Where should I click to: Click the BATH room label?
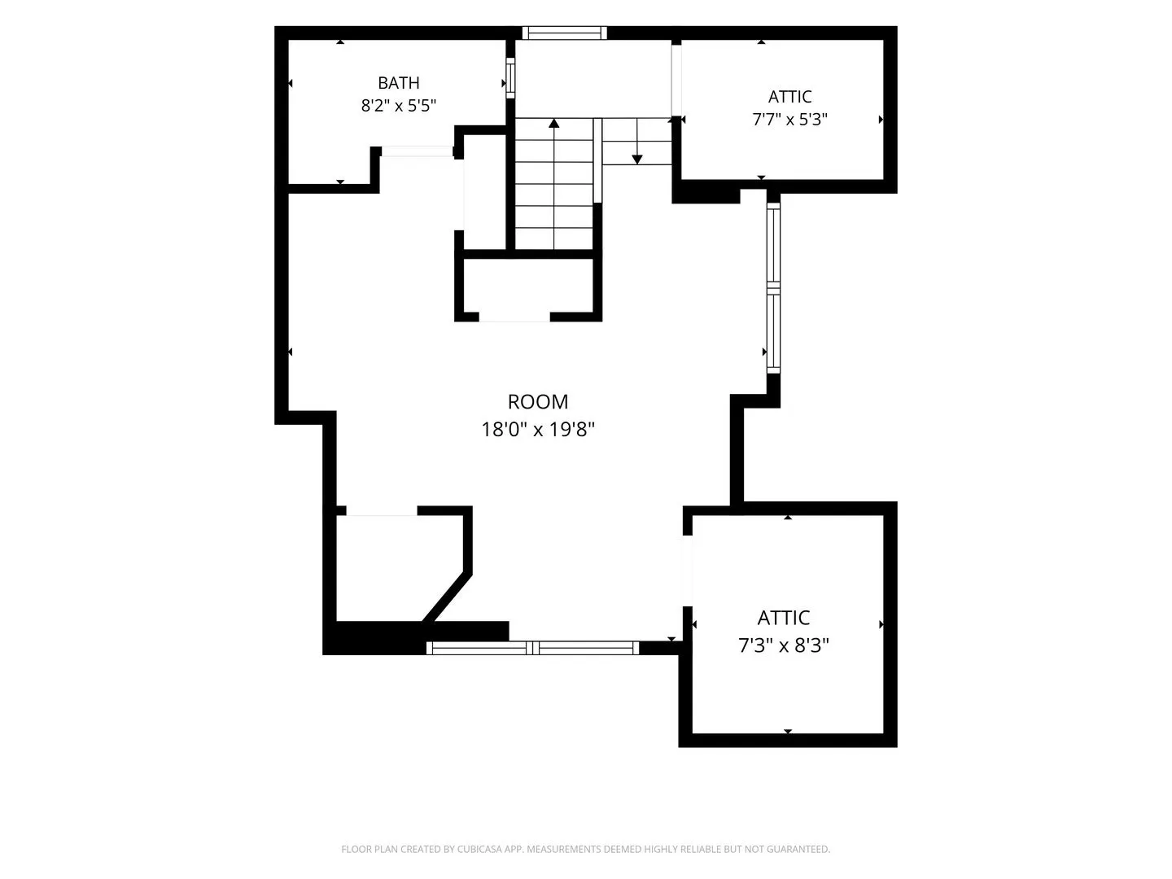point(398,83)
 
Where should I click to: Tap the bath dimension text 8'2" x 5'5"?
point(398,106)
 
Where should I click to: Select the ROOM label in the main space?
point(538,402)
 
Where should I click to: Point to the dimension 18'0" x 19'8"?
point(538,429)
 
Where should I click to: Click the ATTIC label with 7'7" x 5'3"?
point(789,97)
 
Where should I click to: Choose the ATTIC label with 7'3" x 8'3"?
point(783,618)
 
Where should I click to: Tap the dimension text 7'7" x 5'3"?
point(789,119)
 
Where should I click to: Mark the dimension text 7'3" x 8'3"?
point(783,645)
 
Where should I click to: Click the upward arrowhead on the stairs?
point(553,123)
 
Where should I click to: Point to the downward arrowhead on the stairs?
point(637,159)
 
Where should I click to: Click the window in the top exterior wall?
point(564,33)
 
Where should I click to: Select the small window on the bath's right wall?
point(510,78)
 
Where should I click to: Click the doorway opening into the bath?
point(417,151)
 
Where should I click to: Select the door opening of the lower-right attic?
point(688,571)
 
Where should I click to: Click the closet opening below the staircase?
point(514,317)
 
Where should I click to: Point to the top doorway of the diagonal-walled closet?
point(382,511)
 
